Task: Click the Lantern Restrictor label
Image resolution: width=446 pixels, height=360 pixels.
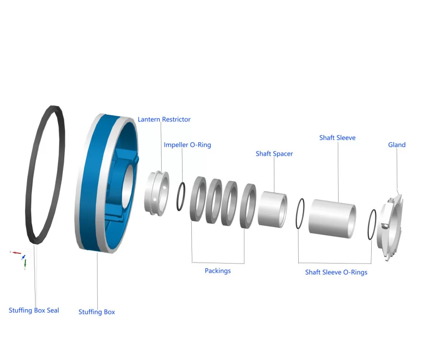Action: [164, 120]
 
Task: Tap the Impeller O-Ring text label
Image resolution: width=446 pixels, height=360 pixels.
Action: [187, 145]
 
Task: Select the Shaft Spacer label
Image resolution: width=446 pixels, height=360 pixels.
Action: [274, 154]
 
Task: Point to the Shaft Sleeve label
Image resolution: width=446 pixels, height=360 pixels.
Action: [337, 138]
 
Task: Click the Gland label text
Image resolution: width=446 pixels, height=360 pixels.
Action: [397, 145]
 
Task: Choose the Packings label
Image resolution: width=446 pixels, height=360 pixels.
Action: [218, 271]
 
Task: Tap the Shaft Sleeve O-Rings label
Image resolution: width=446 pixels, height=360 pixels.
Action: [336, 273]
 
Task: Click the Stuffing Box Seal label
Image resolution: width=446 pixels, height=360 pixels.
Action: [34, 311]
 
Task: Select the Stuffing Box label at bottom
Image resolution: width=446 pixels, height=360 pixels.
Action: [96, 312]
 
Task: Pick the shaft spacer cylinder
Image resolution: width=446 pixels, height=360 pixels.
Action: [271, 208]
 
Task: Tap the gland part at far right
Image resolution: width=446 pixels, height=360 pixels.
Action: [392, 226]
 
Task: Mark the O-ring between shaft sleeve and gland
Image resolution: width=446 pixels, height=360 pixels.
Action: [371, 224]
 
